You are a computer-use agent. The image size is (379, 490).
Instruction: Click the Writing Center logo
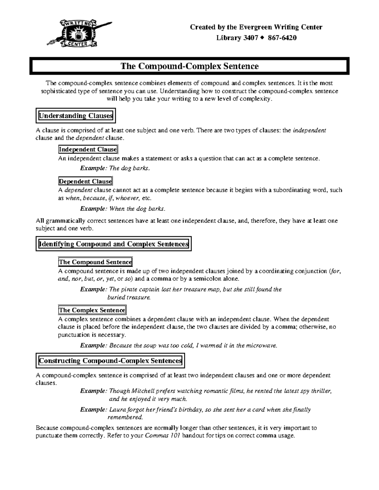[x=79, y=33]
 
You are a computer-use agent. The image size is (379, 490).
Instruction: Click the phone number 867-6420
[x=282, y=38]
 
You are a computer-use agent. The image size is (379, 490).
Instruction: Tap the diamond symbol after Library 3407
[x=262, y=38]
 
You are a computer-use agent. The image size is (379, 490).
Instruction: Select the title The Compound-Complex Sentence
[x=189, y=66]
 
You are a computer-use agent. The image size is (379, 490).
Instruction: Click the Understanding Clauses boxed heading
[x=75, y=116]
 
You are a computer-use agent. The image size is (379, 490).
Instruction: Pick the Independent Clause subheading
[x=88, y=149]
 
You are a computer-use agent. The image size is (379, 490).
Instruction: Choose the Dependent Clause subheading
[x=85, y=181]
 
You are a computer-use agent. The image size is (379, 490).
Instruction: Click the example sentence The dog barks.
[x=129, y=168]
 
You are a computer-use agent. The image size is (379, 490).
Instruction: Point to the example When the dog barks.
[x=137, y=209]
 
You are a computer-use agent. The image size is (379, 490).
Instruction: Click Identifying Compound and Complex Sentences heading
[x=113, y=244]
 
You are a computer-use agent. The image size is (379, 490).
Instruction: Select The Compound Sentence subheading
[x=95, y=262]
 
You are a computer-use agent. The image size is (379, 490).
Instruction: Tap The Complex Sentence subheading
[x=92, y=310]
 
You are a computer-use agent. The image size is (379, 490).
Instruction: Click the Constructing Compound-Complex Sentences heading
[x=110, y=361]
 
